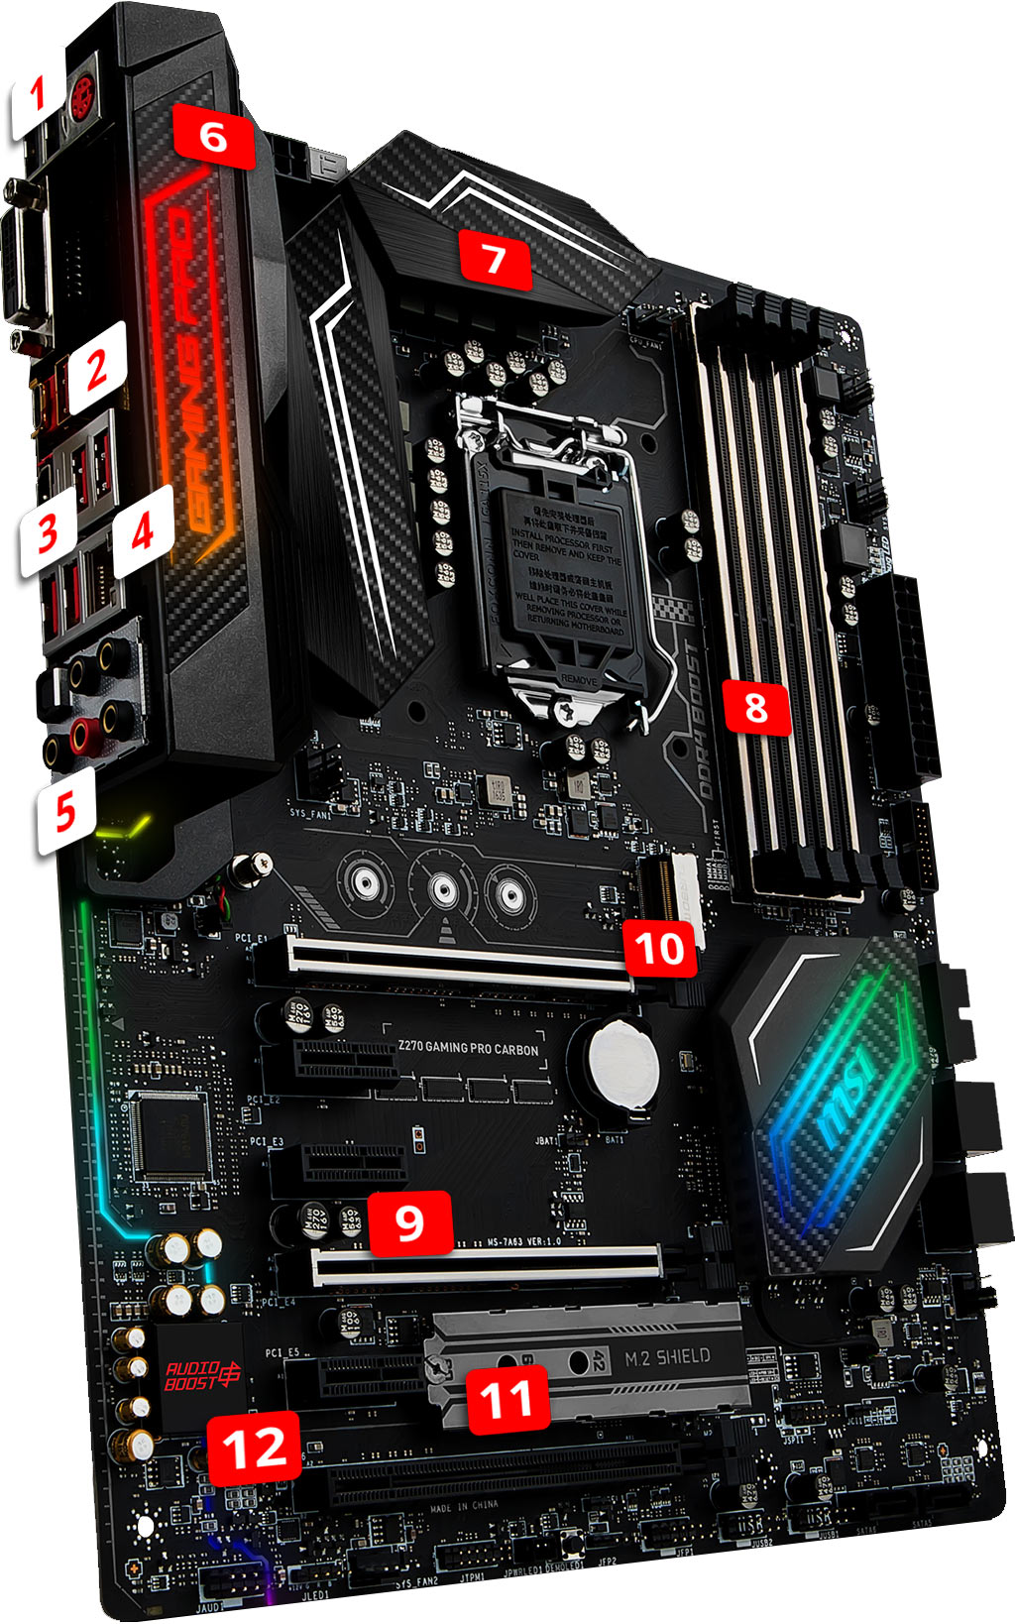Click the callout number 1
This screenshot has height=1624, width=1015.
tap(38, 97)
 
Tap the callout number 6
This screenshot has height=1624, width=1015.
tap(213, 136)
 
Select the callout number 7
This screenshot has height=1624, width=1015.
tap(494, 260)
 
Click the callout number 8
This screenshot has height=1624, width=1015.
tap(755, 708)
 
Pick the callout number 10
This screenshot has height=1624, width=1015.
tap(660, 947)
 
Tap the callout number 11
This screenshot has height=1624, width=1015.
tap(507, 1400)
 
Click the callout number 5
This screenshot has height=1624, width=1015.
tap(65, 813)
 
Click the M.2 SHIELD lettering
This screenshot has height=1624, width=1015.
tap(667, 1357)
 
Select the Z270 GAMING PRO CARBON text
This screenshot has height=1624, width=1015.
tap(468, 1048)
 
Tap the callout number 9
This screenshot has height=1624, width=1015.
tap(409, 1221)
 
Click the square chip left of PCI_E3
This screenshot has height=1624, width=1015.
tap(170, 1134)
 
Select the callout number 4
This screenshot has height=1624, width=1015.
tap(143, 532)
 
